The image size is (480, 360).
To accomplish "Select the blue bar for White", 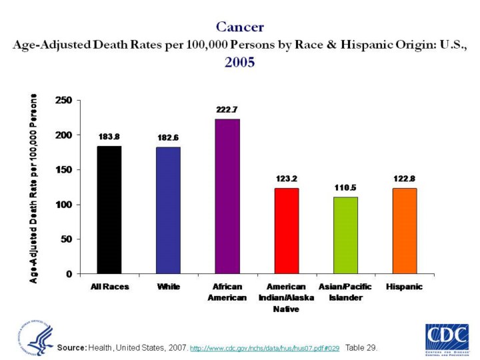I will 168,210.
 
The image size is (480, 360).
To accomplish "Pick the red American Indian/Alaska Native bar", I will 286,231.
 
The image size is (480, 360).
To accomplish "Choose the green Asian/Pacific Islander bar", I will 345,235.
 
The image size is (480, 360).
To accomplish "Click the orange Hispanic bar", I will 403,231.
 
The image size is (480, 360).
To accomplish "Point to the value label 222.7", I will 227,108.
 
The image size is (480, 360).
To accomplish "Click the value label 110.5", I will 345,188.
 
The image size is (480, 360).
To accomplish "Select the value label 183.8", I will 109,137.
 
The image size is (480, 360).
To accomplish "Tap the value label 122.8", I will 404,179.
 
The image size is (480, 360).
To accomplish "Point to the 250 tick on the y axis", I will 64,101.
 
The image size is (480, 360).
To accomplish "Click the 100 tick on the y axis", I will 64,205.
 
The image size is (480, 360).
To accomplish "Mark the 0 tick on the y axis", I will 69,274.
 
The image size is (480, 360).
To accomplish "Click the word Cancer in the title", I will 240,27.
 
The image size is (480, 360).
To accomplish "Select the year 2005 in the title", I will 240,62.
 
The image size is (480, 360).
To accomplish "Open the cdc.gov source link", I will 265,349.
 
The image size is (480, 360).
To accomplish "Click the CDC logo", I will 446,337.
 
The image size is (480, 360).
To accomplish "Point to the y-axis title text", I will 34,187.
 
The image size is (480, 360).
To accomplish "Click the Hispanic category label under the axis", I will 404,287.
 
